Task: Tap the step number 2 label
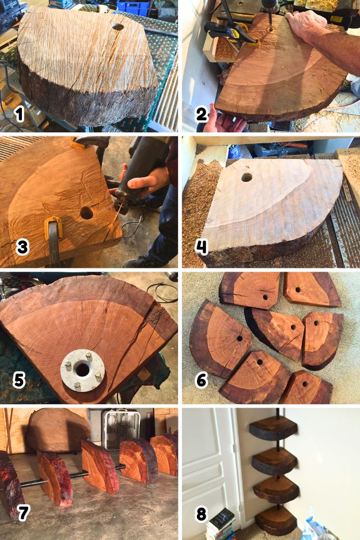[202, 115]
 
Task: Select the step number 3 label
[22, 248]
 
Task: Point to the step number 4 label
[202, 247]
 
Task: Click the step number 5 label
[19, 381]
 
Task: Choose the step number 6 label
[202, 381]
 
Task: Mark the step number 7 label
[23, 513]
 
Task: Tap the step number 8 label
[201, 514]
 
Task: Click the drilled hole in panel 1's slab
[118, 26]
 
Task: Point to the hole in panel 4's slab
[247, 177]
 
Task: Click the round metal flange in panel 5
[82, 370]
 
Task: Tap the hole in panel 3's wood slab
[86, 214]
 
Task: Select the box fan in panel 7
[120, 429]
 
